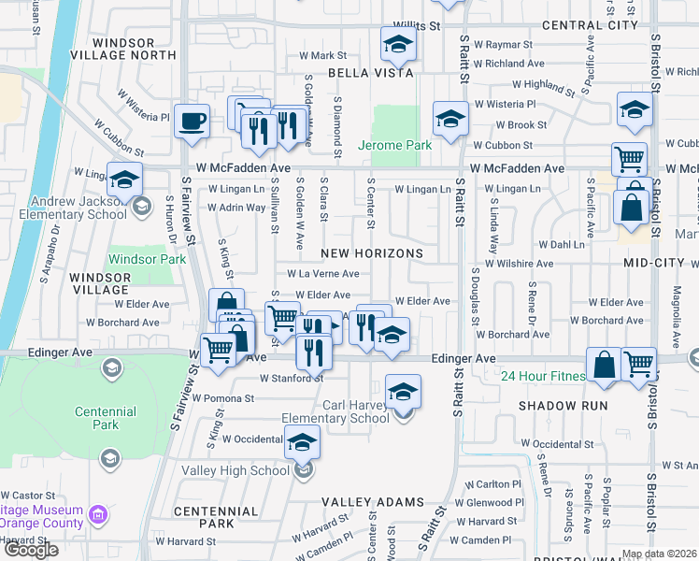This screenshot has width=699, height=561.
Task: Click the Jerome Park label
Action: (x=394, y=145)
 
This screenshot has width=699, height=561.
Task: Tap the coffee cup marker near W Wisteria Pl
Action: (x=192, y=122)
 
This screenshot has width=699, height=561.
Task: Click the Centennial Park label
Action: (x=107, y=418)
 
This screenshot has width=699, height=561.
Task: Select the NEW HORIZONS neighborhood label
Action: (x=372, y=253)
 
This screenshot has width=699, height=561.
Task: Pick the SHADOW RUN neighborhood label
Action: (x=563, y=406)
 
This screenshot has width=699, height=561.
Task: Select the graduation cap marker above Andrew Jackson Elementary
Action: (x=124, y=181)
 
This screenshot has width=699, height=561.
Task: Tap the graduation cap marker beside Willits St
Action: (x=398, y=45)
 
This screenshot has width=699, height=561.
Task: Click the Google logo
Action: (x=31, y=550)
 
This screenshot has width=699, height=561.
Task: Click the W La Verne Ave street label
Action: (x=322, y=274)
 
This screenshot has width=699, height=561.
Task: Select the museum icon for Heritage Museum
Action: (x=98, y=514)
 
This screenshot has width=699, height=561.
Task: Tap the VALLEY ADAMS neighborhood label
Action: (x=373, y=502)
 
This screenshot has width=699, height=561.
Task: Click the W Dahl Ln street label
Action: (x=560, y=244)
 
